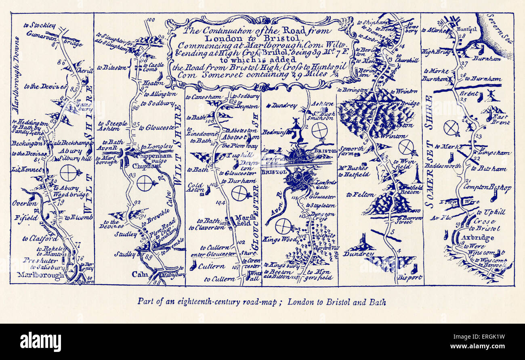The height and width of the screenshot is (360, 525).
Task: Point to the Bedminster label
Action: pyautogui.click(x=276, y=132)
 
